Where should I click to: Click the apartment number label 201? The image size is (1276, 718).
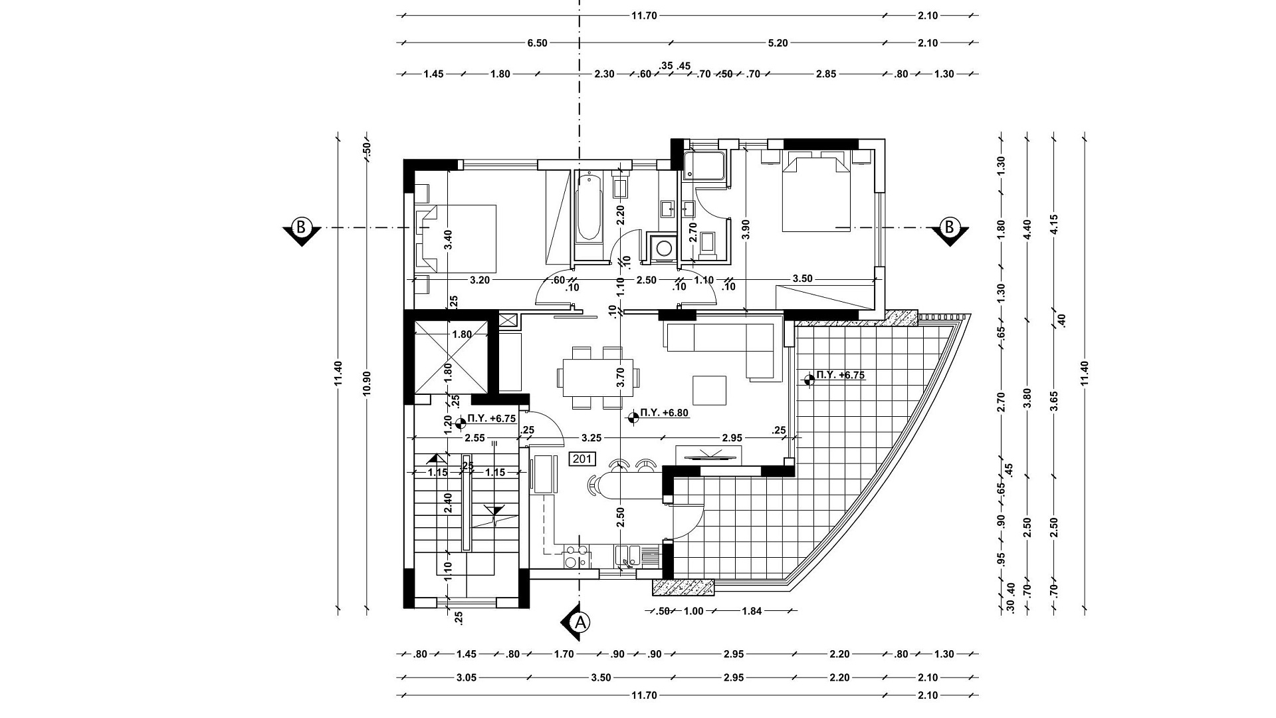582,459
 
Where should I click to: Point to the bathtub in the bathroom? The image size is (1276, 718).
588,207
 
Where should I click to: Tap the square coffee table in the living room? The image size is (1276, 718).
710,390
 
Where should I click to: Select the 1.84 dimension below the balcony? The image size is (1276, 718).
751,612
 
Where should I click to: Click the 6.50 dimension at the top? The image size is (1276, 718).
537,43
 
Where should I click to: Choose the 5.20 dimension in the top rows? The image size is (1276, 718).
778,43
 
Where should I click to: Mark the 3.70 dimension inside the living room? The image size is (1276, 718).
621,378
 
